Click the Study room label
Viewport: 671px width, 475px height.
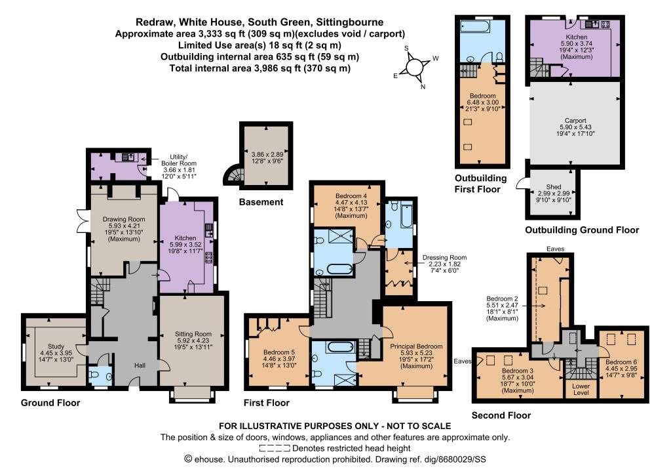(x=56, y=346)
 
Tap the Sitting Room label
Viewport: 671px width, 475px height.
(x=193, y=334)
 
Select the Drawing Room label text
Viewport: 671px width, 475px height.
(x=124, y=219)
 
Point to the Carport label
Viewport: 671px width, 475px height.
(x=575, y=120)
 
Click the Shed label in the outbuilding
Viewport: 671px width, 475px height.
(x=553, y=187)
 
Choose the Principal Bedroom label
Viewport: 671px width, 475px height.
(x=416, y=346)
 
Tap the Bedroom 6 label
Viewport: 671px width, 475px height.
(x=621, y=362)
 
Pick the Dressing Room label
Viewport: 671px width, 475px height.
(x=444, y=257)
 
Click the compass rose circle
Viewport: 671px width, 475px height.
(x=414, y=67)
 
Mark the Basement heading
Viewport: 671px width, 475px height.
(x=261, y=202)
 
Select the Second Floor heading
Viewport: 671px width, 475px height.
(x=501, y=415)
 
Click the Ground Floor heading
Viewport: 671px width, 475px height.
(x=50, y=403)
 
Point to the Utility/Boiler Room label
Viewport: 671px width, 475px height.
(x=178, y=160)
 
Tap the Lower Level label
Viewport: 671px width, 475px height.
(x=581, y=389)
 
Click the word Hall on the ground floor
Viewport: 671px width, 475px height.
(x=140, y=365)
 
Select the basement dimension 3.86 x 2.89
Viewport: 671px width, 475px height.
(x=267, y=154)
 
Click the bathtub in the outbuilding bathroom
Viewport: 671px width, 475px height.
(x=474, y=26)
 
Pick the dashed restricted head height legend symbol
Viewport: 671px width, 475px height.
(x=275, y=449)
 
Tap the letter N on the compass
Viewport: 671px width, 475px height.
(x=423, y=87)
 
